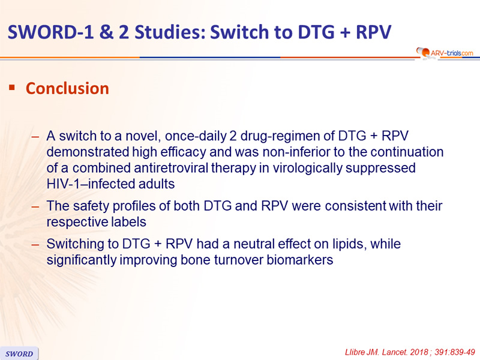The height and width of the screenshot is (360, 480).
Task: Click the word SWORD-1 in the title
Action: click(51, 32)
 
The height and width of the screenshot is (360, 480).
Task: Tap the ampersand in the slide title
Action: click(106, 32)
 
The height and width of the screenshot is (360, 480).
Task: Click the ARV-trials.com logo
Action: click(445, 53)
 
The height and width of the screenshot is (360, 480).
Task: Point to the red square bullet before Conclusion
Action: click(12, 88)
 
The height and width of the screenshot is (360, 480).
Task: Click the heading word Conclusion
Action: click(67, 88)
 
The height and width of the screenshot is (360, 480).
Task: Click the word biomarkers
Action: click(299, 260)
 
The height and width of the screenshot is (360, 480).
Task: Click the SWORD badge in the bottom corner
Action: click(19, 353)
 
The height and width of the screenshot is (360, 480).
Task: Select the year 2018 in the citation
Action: click(419, 352)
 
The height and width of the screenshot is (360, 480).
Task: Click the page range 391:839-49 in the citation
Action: click(455, 352)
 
